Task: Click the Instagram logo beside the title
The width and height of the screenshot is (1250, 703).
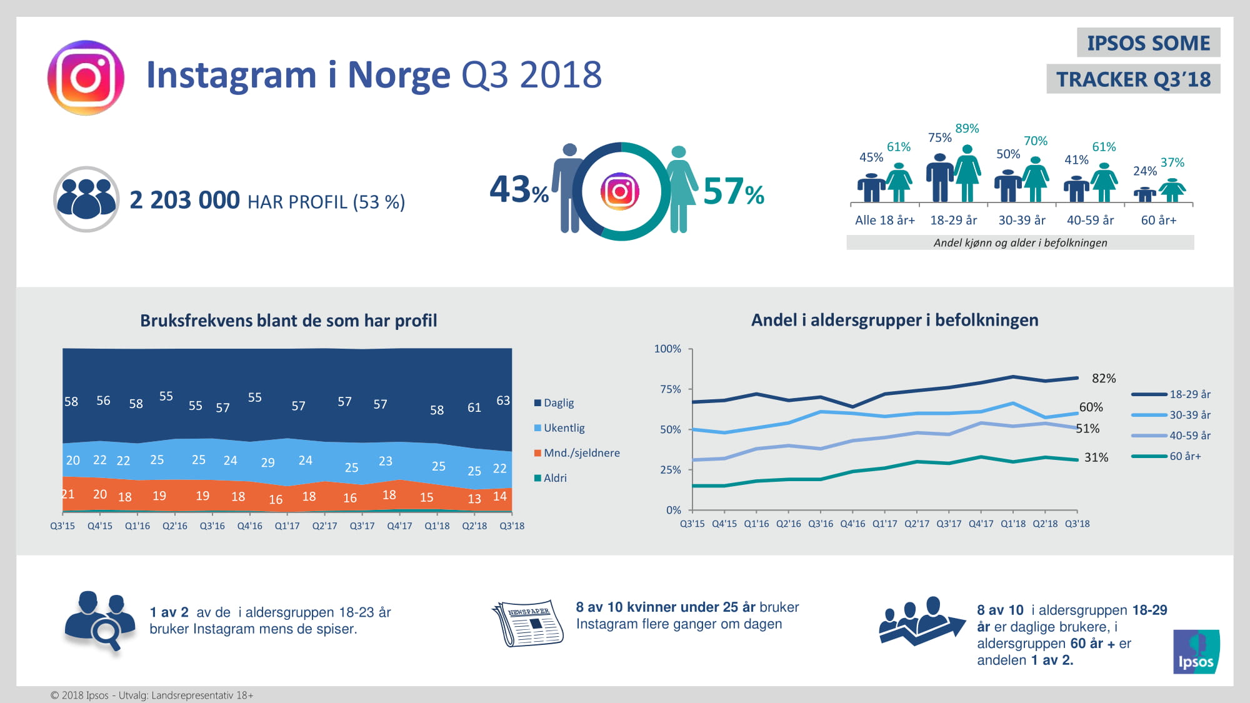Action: pos(86,77)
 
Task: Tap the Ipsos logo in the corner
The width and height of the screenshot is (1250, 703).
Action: pos(1196,652)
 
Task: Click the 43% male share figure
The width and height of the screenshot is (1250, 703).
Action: pos(519,190)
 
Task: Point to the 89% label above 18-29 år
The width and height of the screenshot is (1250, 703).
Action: pos(967,129)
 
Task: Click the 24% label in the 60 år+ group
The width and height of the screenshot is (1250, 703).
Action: pos(1144,171)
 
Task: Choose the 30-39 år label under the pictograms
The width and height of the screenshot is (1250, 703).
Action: pos(1022,220)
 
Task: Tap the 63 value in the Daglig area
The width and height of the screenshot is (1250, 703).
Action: pos(503,401)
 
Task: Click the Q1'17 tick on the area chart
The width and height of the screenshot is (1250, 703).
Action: pos(287,526)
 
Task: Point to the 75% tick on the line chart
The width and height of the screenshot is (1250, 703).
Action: pos(670,389)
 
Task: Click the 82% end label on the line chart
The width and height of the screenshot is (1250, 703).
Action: pos(1104,379)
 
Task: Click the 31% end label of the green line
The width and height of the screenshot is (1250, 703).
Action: pos(1096,457)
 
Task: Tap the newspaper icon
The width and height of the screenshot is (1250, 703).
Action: pos(528,623)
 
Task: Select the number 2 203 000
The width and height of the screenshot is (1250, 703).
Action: pos(184,201)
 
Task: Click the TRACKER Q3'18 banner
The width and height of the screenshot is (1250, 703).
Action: pos(1133,79)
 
